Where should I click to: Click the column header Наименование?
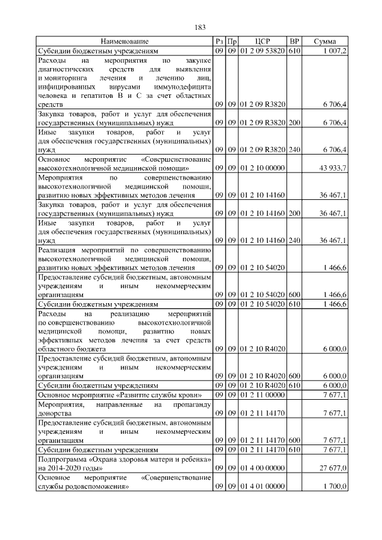(124, 41)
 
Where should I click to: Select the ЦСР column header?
(263, 41)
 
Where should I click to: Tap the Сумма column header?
(328, 41)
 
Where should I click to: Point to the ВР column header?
(294, 41)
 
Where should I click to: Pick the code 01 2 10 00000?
(263, 169)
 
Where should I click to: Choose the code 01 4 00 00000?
(263, 469)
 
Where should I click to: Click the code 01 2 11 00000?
(263, 395)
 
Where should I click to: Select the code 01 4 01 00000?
(263, 487)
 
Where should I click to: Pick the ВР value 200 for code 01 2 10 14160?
(294, 212)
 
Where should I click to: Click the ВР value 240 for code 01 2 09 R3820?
(294, 150)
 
